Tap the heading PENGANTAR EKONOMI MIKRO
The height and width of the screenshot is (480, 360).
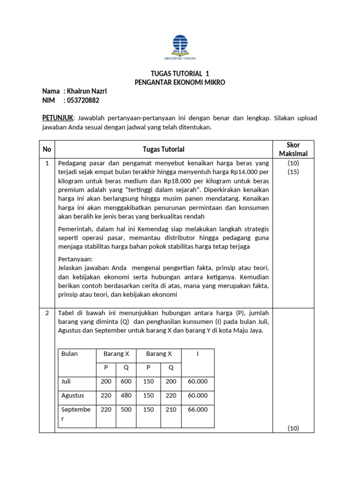point(180,82)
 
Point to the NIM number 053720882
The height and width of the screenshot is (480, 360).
point(83,100)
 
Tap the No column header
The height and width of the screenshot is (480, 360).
point(47,149)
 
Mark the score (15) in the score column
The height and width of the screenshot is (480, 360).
point(293,172)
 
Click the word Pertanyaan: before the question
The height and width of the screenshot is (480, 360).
point(75,259)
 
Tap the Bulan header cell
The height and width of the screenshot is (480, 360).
point(69,353)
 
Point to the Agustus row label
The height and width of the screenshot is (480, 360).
point(73,395)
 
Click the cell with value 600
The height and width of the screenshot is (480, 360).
point(126,382)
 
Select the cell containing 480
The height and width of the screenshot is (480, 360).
point(126,395)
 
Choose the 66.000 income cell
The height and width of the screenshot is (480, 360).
point(197,409)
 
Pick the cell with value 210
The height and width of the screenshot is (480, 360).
point(171,409)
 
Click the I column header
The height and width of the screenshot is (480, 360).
point(198,353)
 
